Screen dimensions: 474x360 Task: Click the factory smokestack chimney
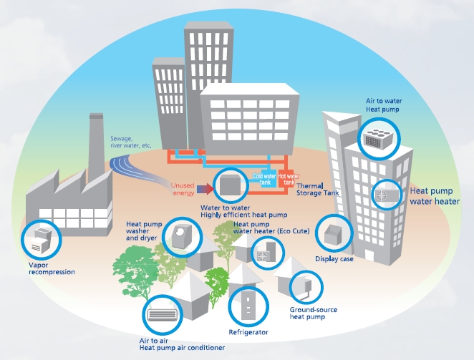[97, 145]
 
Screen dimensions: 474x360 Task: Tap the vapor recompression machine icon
[41, 240]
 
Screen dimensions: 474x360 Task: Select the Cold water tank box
[264, 179]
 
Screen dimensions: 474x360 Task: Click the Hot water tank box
[289, 179]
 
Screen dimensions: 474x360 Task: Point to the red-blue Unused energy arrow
[205, 189]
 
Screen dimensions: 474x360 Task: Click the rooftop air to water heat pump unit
[379, 139]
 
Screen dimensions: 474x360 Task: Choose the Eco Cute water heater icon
[266, 251]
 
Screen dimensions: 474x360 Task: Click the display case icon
[334, 233]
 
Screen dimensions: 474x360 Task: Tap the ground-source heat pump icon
[306, 287]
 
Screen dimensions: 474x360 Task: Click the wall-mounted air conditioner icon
[163, 315]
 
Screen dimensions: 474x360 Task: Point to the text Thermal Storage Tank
[317, 189]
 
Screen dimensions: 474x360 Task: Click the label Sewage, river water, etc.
[130, 142]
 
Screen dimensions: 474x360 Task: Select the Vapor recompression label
[52, 268]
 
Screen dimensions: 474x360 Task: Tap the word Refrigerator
[248, 332]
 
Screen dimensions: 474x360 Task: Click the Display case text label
[334, 259]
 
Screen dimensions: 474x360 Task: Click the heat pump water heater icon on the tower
[387, 195]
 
